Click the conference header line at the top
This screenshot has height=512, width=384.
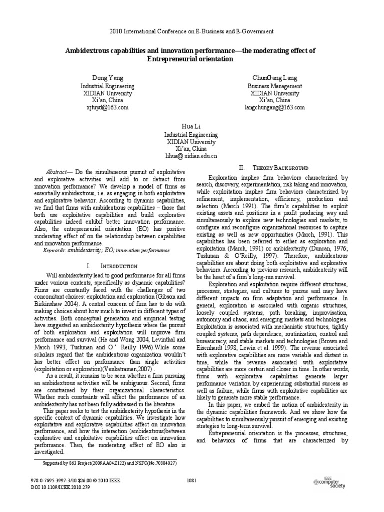(x=191, y=31)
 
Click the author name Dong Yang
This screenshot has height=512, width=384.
(x=106, y=78)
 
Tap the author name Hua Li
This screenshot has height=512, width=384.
(x=192, y=127)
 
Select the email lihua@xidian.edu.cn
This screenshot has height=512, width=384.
(x=192, y=156)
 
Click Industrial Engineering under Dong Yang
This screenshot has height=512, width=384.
(x=106, y=86)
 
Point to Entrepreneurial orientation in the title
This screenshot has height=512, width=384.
(x=191, y=59)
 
